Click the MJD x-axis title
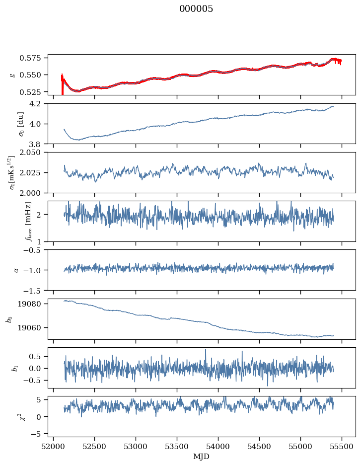coord(202,456)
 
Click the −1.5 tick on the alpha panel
coord(35,290)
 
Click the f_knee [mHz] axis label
coord(13,221)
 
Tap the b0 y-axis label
coord(8,319)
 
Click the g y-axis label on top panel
coord(12,75)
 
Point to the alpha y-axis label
coord(15,270)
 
